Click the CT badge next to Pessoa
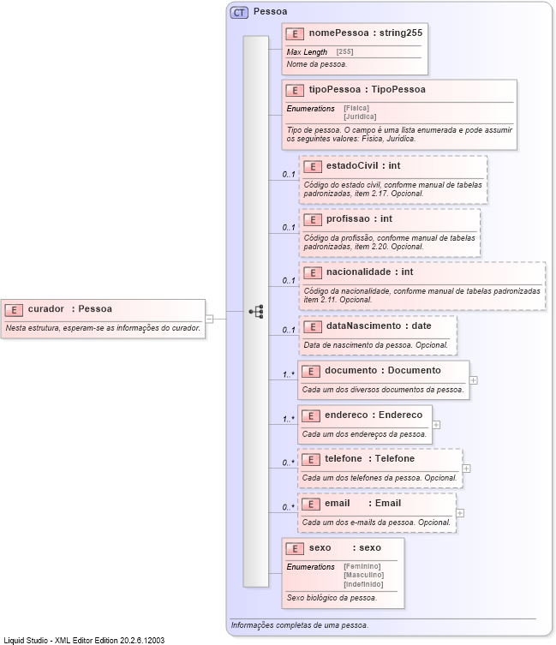pos(239,12)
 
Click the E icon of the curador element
pos(14,309)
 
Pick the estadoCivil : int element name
pos(363,165)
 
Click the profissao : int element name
pos(359,219)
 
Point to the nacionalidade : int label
pos(369,272)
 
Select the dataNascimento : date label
pos(379,325)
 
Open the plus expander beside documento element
pos(473,379)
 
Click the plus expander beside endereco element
pos(436,424)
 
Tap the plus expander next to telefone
pos(466,468)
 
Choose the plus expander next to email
pos(460,513)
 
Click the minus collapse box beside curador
pos(209,318)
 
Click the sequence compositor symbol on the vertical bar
pos(255,311)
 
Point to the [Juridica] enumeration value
pos(360,116)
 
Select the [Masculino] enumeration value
pos(363,574)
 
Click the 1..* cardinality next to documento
pos(289,374)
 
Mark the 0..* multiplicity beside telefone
pos(289,463)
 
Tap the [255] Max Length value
pos(344,52)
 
